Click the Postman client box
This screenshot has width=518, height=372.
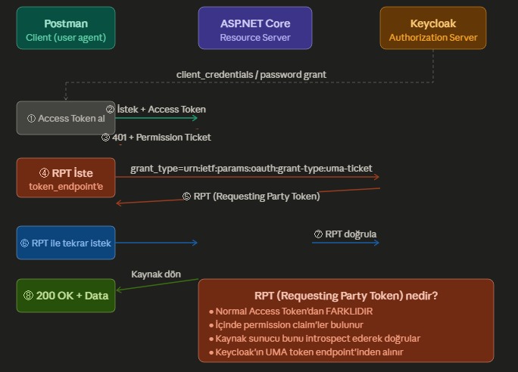66,29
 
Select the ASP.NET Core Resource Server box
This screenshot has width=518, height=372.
254,29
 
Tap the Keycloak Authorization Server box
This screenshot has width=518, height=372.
432,29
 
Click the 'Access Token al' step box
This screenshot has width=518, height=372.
66,118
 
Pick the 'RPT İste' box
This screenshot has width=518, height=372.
66,178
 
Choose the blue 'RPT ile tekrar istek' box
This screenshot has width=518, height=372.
66,243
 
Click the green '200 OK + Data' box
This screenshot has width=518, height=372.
66,296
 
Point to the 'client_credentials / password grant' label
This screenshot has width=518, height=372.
251,74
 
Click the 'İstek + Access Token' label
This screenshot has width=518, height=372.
155,109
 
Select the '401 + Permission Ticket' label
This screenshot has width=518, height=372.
156,137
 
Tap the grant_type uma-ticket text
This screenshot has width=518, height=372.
251,168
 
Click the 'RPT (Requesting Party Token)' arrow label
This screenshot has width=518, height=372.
251,196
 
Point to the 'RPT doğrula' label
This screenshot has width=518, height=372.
345,234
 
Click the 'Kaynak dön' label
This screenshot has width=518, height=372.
156,274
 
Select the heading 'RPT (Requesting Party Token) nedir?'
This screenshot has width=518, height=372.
346,296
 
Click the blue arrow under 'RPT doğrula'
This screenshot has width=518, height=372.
345,243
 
